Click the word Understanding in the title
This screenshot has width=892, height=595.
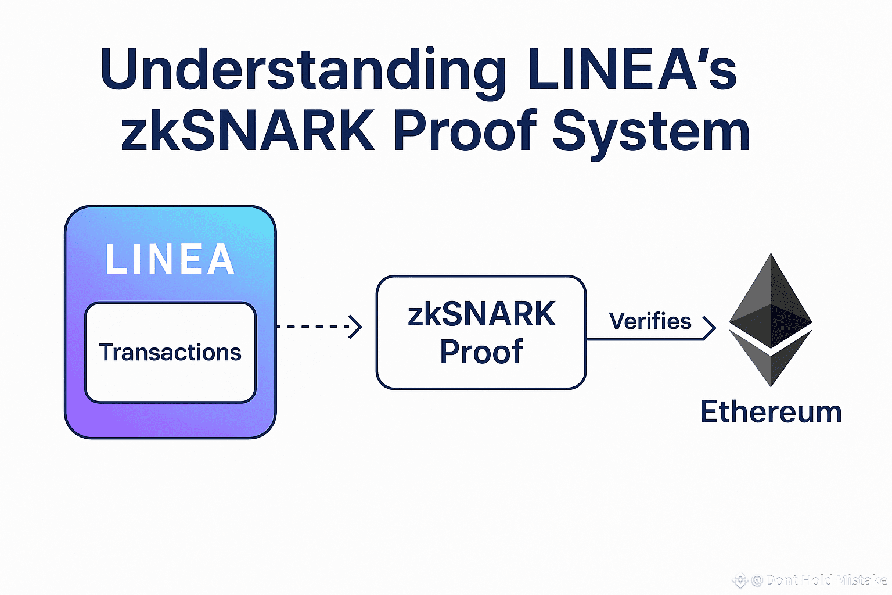[x=302, y=70]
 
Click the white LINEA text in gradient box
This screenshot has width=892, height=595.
[x=170, y=259]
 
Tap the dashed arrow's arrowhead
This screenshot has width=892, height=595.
[x=356, y=327]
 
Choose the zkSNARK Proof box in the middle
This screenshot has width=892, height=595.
[x=481, y=332]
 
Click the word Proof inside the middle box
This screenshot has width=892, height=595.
[x=481, y=352]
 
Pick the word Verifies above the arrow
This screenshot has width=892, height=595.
[x=650, y=321]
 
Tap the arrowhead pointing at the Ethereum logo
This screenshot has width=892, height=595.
[x=709, y=328]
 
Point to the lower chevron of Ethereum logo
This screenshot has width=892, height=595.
[x=771, y=360]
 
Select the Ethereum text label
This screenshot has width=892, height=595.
[x=771, y=412]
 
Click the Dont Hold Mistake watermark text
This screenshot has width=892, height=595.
[x=825, y=580]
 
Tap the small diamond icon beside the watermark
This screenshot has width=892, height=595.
[x=740, y=580]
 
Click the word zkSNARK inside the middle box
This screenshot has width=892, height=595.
[x=481, y=314]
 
